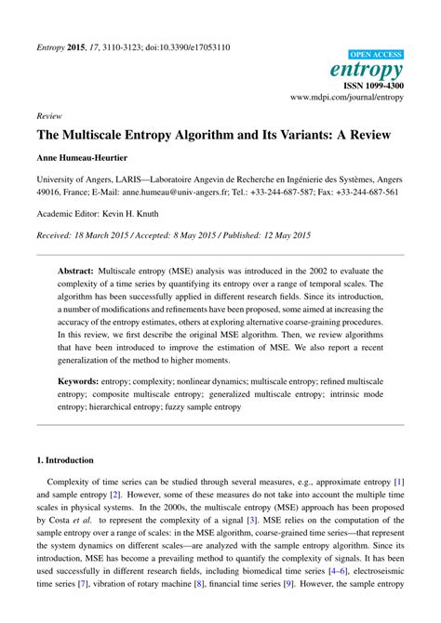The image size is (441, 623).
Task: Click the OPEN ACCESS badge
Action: tap(375, 55)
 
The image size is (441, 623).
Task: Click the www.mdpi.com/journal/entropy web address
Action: tap(347, 96)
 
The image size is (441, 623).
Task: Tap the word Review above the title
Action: tap(49, 117)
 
